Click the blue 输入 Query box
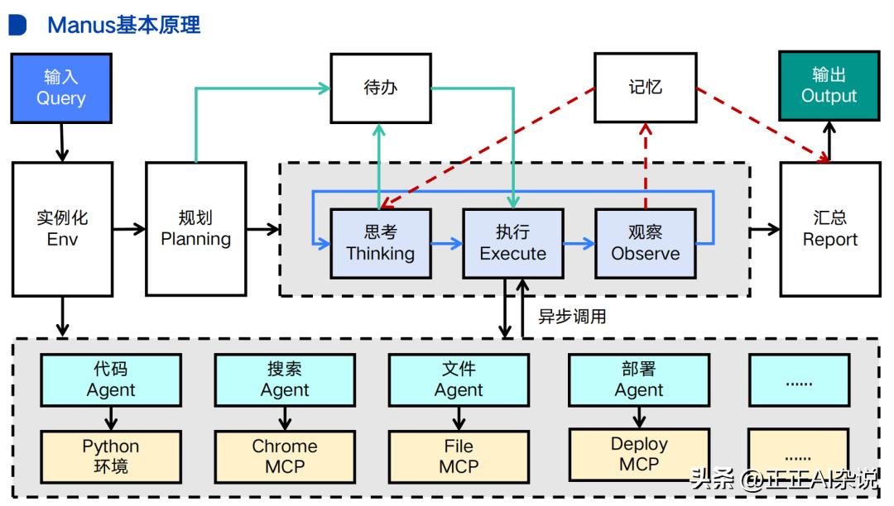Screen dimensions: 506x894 click(61, 88)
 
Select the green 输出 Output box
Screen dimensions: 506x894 click(829, 85)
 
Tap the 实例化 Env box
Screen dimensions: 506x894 click(62, 228)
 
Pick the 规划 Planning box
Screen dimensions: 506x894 click(195, 228)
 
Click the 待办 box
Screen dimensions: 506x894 click(380, 88)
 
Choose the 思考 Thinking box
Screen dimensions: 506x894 click(380, 243)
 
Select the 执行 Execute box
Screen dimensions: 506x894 click(512, 243)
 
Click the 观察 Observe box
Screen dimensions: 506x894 click(645, 243)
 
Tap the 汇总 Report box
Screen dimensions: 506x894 click(829, 228)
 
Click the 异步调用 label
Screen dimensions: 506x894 click(572, 317)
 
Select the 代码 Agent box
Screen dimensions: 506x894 click(111, 379)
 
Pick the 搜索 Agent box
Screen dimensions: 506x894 click(285, 379)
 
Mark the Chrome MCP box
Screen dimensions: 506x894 click(285, 456)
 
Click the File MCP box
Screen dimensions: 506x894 click(459, 456)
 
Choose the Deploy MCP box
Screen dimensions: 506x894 click(639, 454)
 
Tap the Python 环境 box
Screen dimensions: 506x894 click(111, 456)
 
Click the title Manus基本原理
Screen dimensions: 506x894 click(124, 25)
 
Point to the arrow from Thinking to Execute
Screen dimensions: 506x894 click(446, 243)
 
